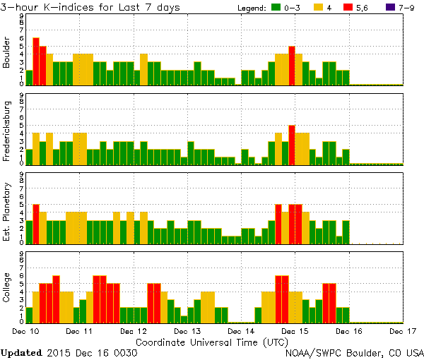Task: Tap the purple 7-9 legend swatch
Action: point(391,7)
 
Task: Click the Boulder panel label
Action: point(7,51)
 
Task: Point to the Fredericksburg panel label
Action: point(7,129)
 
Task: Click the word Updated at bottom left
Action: point(21,352)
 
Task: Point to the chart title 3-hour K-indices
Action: point(91,7)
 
